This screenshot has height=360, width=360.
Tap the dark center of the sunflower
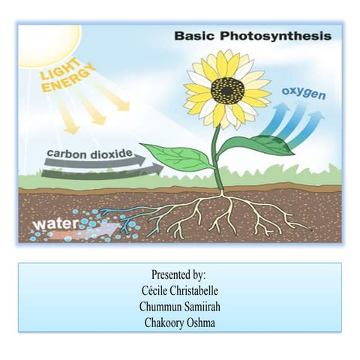click(x=227, y=91)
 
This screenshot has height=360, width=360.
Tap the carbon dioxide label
click(x=90, y=154)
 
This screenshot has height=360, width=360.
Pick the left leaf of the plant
click(x=178, y=156)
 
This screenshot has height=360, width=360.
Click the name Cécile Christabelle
click(x=179, y=290)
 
